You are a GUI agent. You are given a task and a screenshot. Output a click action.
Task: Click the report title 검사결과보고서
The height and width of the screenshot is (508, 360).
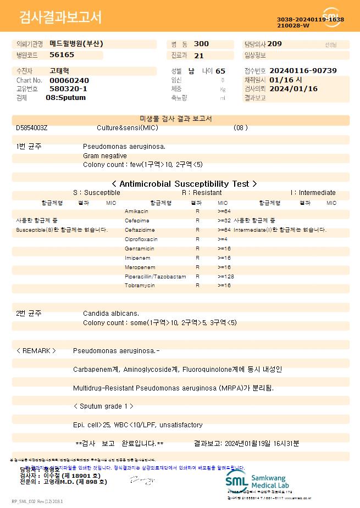(60, 18)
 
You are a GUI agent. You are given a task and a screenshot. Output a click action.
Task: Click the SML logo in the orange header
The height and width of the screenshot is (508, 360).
(331, 17)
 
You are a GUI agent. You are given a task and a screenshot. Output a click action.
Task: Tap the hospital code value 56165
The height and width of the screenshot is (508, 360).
(62, 55)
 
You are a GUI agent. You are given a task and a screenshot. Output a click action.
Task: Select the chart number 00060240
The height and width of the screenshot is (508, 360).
(69, 80)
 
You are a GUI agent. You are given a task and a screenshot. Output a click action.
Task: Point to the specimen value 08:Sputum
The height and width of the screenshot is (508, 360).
(65, 97)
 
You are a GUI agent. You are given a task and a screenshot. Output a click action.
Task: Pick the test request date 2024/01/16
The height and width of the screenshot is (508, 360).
(294, 88)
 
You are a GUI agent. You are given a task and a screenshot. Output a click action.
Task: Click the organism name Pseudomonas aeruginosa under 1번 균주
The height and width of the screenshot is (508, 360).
(124, 147)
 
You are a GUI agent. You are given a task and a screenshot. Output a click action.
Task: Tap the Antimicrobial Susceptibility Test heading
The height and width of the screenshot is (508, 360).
(184, 184)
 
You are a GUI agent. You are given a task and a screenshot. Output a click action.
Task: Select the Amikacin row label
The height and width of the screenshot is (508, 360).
(136, 211)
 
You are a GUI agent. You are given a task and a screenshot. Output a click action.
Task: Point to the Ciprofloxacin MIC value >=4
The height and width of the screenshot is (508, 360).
(223, 239)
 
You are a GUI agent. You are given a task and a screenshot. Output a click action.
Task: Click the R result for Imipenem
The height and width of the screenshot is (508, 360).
(197, 258)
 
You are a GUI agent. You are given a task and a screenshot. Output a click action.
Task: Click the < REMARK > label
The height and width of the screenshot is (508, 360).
(36, 350)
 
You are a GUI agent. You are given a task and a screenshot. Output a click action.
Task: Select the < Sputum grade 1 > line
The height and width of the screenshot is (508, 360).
(103, 406)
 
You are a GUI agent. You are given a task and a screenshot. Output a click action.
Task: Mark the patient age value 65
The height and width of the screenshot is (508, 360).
(220, 71)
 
